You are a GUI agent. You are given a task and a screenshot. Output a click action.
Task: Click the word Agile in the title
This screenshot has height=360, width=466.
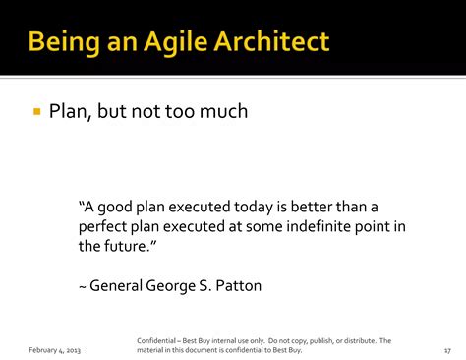176,42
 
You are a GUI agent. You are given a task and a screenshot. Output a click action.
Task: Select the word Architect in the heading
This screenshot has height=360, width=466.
271,41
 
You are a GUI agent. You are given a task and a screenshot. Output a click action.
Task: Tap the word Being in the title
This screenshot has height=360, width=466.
64,43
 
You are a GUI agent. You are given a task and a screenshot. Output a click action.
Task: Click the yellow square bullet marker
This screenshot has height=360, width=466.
37,111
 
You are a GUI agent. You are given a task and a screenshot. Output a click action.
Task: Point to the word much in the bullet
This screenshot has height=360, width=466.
223,111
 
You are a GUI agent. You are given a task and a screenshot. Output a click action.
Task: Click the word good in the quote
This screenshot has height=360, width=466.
114,208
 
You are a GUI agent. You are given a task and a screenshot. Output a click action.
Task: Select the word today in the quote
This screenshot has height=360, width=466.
254,208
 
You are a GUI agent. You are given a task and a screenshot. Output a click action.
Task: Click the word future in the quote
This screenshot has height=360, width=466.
127,246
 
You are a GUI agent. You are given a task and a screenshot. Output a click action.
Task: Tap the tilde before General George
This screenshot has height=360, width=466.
83,287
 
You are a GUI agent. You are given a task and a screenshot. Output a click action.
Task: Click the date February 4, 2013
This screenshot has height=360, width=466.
54,350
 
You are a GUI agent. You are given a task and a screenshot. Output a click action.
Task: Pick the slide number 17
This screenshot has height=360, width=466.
447,351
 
